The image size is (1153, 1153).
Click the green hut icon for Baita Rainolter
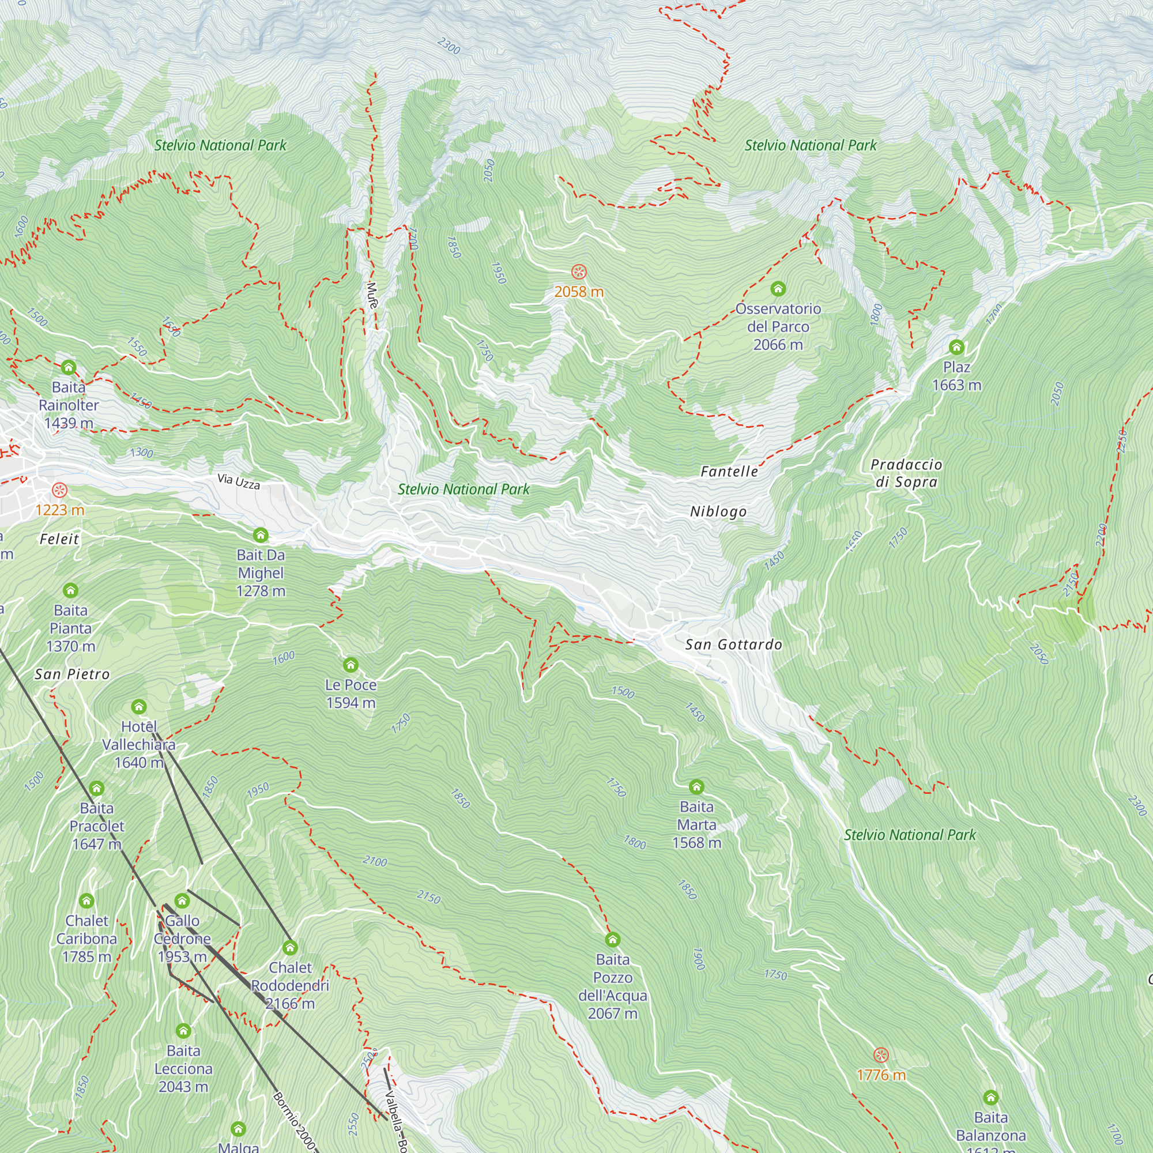tap(69, 367)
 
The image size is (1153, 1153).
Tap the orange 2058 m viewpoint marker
tap(578, 272)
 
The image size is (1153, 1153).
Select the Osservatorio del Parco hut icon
tap(778, 289)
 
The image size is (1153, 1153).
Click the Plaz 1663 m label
tap(956, 376)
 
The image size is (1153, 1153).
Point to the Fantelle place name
tap(729, 472)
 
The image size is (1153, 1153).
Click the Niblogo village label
tap(718, 511)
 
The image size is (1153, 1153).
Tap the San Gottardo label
tap(733, 645)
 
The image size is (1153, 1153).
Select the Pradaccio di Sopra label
tap(906, 473)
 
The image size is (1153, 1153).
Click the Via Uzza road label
tap(239, 481)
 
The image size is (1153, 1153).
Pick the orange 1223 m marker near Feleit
tap(59, 491)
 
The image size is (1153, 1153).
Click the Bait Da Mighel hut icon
tap(260, 535)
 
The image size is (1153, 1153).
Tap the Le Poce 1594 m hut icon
tap(351, 664)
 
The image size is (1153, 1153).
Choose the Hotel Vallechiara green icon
tap(139, 707)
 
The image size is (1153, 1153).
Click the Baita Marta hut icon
tap(696, 786)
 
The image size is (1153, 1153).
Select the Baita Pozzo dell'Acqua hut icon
tap(612, 940)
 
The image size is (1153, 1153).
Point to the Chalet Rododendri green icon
tap(290, 948)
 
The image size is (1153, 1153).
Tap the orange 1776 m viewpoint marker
tap(881, 1055)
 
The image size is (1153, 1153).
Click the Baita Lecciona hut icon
tap(183, 1031)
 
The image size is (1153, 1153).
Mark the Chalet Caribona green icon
tap(86, 900)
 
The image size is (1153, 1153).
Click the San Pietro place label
tap(72, 675)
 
